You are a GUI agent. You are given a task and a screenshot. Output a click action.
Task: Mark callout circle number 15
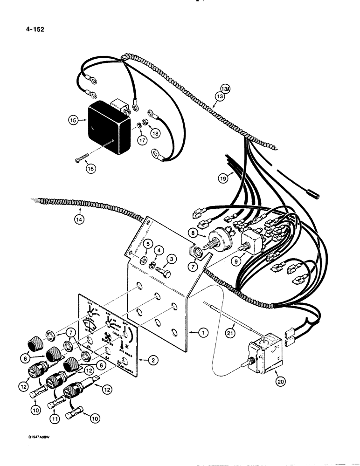(x=73, y=120)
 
